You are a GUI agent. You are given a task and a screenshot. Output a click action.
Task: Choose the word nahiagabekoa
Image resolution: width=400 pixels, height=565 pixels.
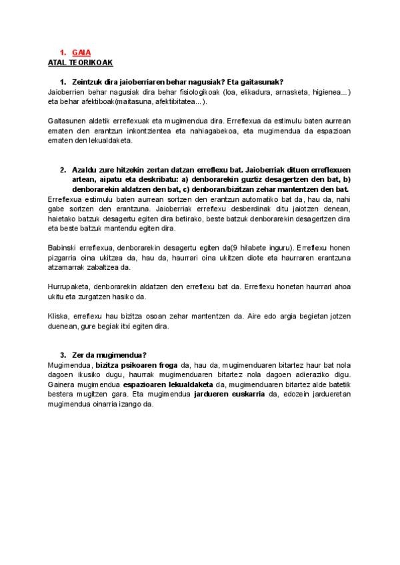pos(220,131)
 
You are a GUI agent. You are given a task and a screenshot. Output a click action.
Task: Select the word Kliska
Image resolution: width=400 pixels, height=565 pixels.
pos(59,316)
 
